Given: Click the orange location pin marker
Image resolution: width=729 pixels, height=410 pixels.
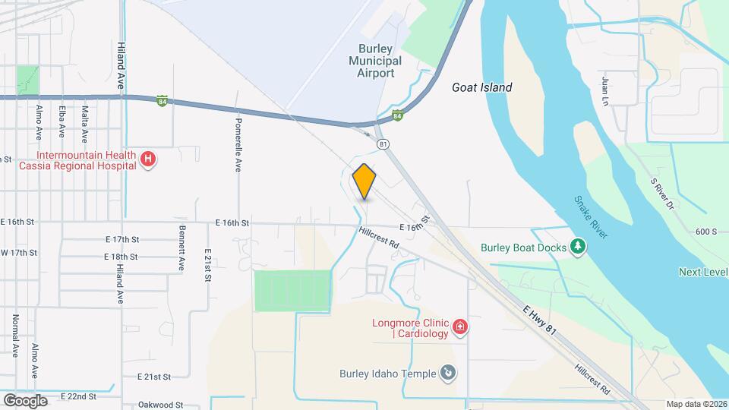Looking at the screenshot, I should pos(364,181).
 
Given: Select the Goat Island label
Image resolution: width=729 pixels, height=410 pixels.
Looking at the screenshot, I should pos(481,87).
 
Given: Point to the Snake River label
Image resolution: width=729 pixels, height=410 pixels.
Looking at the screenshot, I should pos(590,217).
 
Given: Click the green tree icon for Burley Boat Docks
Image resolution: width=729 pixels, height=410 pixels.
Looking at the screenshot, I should pos(579,246).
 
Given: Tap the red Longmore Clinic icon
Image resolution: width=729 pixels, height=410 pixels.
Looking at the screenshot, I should pos(459,327).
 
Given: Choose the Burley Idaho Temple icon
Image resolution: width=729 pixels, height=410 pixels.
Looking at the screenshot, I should pos(449,373).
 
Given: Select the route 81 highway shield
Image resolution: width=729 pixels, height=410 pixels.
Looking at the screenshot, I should pos(383,143).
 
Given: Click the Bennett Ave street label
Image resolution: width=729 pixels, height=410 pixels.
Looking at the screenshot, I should pos(182,248).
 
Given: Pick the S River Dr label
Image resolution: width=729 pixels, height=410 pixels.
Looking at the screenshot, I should pos(662,194).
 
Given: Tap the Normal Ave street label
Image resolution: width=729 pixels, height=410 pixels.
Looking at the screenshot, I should pos(15,336).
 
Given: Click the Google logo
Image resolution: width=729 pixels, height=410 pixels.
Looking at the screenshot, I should pos(25,400).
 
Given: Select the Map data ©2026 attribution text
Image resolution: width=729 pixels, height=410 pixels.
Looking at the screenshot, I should pos(696,404).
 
